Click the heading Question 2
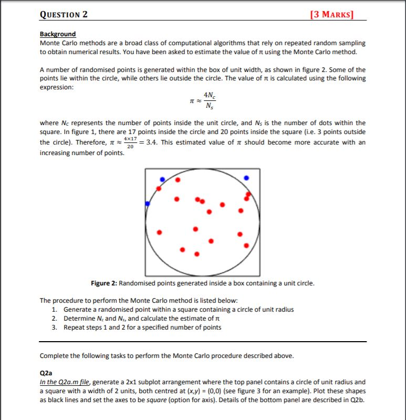[x=64, y=14]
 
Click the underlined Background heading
[x=58, y=34]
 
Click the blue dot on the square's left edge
[x=148, y=203]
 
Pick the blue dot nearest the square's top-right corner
[x=246, y=178]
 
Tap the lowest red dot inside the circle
[x=197, y=254]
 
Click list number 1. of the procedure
[x=55, y=310]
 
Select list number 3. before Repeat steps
[x=55, y=327]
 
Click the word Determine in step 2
[x=79, y=319]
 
